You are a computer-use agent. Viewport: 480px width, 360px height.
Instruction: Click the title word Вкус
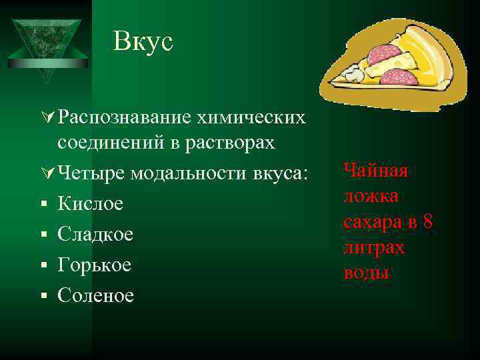[143, 41]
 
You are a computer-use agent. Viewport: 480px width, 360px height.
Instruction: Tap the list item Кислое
[91, 203]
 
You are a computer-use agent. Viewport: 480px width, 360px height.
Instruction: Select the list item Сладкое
[95, 234]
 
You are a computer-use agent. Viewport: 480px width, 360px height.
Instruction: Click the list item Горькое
[95, 265]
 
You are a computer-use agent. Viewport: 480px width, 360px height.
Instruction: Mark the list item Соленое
[96, 295]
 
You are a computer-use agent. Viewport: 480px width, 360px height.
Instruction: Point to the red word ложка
[371, 196]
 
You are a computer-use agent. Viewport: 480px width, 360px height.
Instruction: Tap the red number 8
[427, 222]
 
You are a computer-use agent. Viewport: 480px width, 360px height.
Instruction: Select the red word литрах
[374, 247]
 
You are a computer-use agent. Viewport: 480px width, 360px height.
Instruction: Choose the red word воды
[366, 273]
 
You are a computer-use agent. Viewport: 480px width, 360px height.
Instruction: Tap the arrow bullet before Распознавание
[47, 118]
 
